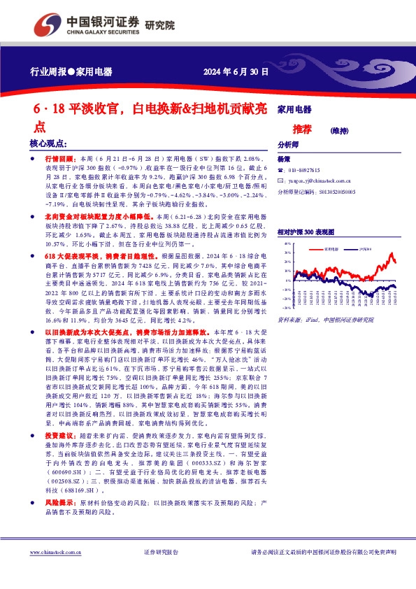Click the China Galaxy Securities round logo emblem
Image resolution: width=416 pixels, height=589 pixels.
pyautogui.click(x=48, y=26)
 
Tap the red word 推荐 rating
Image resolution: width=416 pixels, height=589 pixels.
pyautogui.click(x=302, y=129)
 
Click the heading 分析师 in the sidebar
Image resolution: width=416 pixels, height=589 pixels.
pyautogui.click(x=288, y=145)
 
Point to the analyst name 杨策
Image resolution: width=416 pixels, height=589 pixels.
pyautogui.click(x=283, y=159)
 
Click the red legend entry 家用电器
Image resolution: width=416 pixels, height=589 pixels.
pyautogui.click(x=332, y=248)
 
